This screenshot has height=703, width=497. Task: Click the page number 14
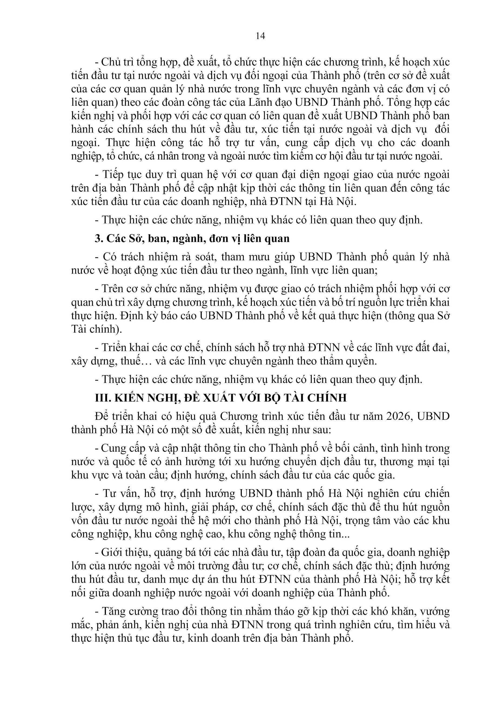(260, 36)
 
